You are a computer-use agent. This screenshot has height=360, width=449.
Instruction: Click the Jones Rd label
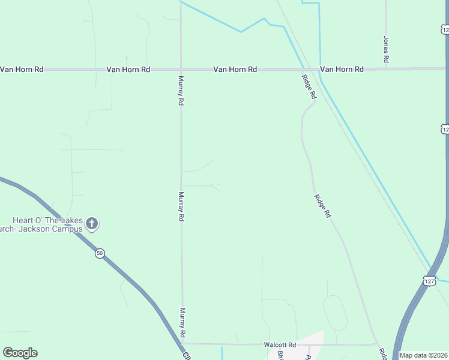(387, 50)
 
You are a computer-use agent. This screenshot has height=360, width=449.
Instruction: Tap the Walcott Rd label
(280, 345)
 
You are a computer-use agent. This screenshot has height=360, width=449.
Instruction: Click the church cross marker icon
(92, 224)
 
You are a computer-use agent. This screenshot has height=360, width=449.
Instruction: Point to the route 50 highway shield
(100, 254)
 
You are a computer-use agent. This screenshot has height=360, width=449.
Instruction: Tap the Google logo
(20, 353)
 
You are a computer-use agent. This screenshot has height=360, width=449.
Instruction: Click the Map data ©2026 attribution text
(423, 355)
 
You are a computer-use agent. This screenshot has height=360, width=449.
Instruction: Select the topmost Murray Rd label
(181, 90)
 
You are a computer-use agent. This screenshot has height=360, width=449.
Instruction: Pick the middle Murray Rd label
(181, 206)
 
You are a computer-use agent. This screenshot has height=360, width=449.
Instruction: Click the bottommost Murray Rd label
(181, 323)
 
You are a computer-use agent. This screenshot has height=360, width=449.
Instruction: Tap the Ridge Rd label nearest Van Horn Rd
(309, 86)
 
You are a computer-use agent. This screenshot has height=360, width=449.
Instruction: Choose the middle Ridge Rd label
(322, 205)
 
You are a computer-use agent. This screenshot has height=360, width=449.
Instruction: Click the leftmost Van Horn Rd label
(22, 70)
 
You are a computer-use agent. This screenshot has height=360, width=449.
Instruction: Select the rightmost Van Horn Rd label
(342, 70)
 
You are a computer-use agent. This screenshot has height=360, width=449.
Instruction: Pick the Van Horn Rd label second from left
(128, 70)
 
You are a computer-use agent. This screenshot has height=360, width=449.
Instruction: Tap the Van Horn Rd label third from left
(235, 70)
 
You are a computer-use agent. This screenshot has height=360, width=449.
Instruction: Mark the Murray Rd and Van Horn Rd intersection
(181, 70)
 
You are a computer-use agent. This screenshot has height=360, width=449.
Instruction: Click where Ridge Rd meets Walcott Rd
(376, 344)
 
